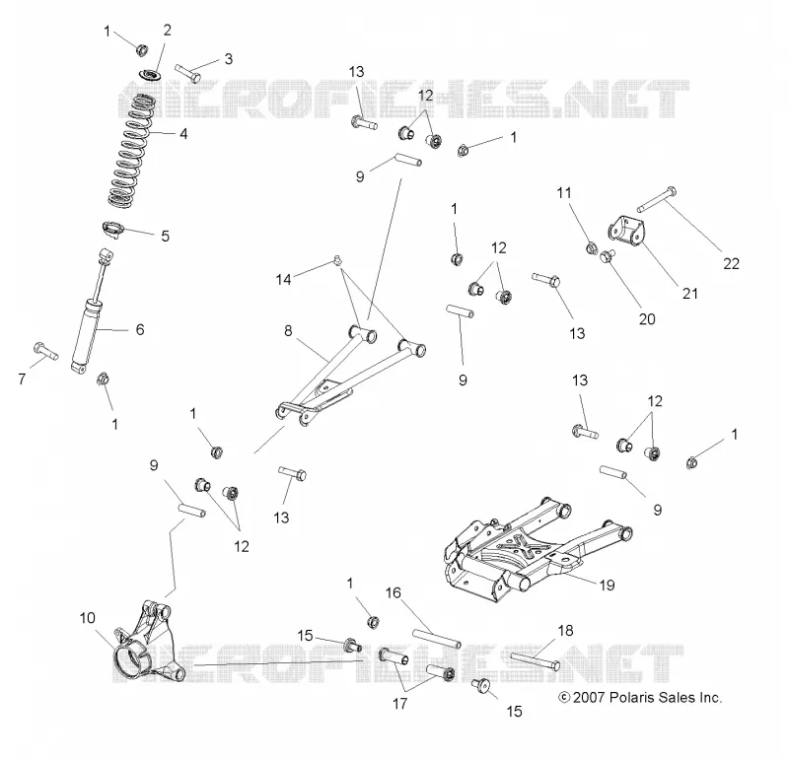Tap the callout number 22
tap(731, 263)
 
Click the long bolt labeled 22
tap(657, 199)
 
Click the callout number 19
tap(608, 585)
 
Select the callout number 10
tap(88, 618)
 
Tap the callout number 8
tap(288, 330)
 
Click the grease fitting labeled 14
tap(337, 260)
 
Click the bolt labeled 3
tap(188, 73)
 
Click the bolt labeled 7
tap(45, 350)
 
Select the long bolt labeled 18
tap(536, 661)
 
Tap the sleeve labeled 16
tap(437, 639)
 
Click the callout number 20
tap(647, 319)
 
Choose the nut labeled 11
tap(592, 247)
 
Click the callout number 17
tap(399, 704)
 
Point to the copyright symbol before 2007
tap(564, 698)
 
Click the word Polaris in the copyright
tap(628, 698)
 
